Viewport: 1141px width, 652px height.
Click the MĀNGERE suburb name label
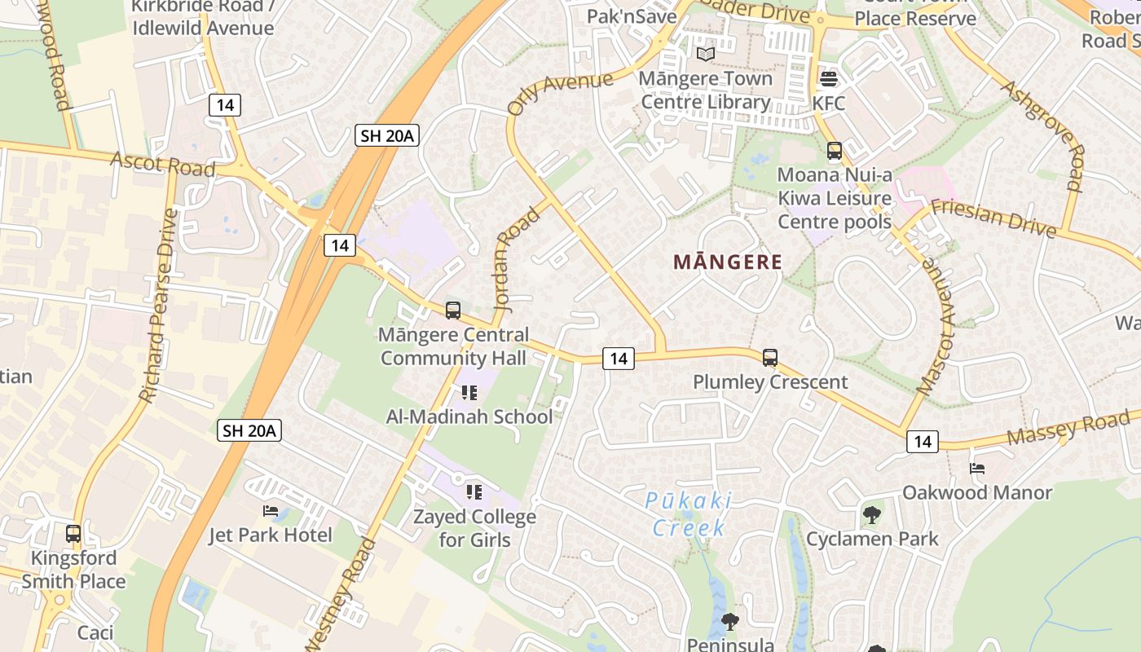click(x=728, y=262)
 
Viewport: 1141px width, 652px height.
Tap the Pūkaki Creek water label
click(x=689, y=514)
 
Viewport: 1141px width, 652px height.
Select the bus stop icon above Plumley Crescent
click(x=770, y=357)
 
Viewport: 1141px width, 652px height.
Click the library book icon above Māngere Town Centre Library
click(x=705, y=54)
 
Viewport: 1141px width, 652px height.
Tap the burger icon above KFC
click(x=829, y=79)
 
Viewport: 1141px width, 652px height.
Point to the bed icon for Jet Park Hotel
click(x=271, y=511)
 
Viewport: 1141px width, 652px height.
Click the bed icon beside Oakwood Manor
click(x=977, y=469)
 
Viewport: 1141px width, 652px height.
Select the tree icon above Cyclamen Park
click(x=872, y=515)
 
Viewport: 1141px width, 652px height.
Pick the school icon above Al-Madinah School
click(x=469, y=393)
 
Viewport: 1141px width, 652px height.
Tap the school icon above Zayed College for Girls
click(x=474, y=492)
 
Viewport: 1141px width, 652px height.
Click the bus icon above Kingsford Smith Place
click(x=73, y=534)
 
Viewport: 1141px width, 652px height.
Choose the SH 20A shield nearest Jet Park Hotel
click(x=249, y=430)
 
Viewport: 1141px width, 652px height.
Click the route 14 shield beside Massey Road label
click(x=923, y=442)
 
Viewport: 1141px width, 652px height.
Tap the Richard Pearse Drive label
click(x=158, y=306)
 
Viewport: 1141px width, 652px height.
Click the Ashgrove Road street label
click(x=1046, y=134)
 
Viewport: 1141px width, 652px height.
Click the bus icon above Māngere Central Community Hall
click(x=453, y=311)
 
